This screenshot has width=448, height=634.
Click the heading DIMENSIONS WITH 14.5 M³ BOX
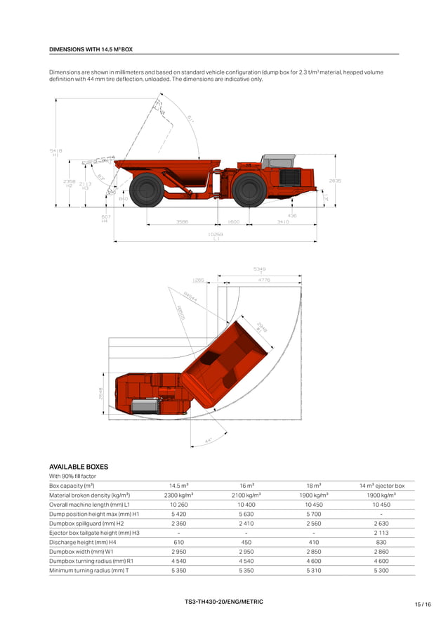pos(91,50)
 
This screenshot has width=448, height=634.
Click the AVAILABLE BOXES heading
pos(79,466)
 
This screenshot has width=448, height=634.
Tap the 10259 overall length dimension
pos(216,234)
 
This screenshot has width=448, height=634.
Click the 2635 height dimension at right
pos(335,181)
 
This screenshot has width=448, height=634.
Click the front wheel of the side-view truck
pos(249,190)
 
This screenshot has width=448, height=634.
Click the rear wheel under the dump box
pos(147,190)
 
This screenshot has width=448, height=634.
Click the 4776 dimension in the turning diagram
pos(264,280)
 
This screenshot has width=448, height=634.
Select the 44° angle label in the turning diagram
pos(209,441)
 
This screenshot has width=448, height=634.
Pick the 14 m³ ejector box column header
pos(381,486)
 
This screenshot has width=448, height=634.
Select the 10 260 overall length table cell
pos(178,505)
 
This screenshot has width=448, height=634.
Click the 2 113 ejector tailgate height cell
pos(381,532)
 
